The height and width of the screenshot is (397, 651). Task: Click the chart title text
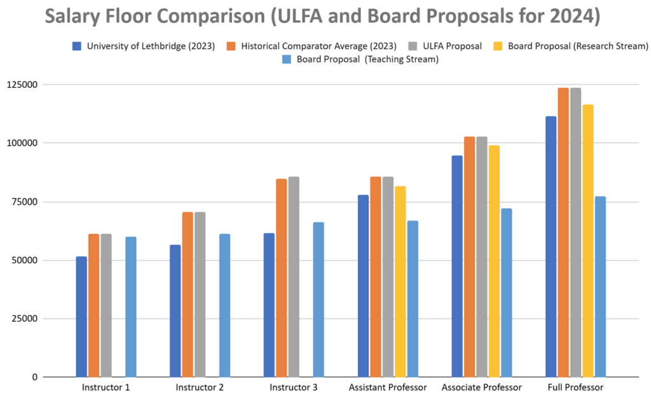pos(322,17)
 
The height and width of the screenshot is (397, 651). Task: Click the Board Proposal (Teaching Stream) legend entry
pos(362,60)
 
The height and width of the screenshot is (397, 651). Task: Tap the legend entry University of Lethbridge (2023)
pos(149,46)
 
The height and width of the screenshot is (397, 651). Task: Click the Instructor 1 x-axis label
pos(106,387)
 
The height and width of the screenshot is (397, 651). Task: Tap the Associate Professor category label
pos(482,387)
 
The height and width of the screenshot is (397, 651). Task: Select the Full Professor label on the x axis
pos(575,387)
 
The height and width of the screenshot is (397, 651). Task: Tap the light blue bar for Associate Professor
pos(507,293)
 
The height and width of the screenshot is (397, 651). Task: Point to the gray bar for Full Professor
pos(575,232)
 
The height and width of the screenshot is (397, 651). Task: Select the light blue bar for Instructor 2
pos(224,305)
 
